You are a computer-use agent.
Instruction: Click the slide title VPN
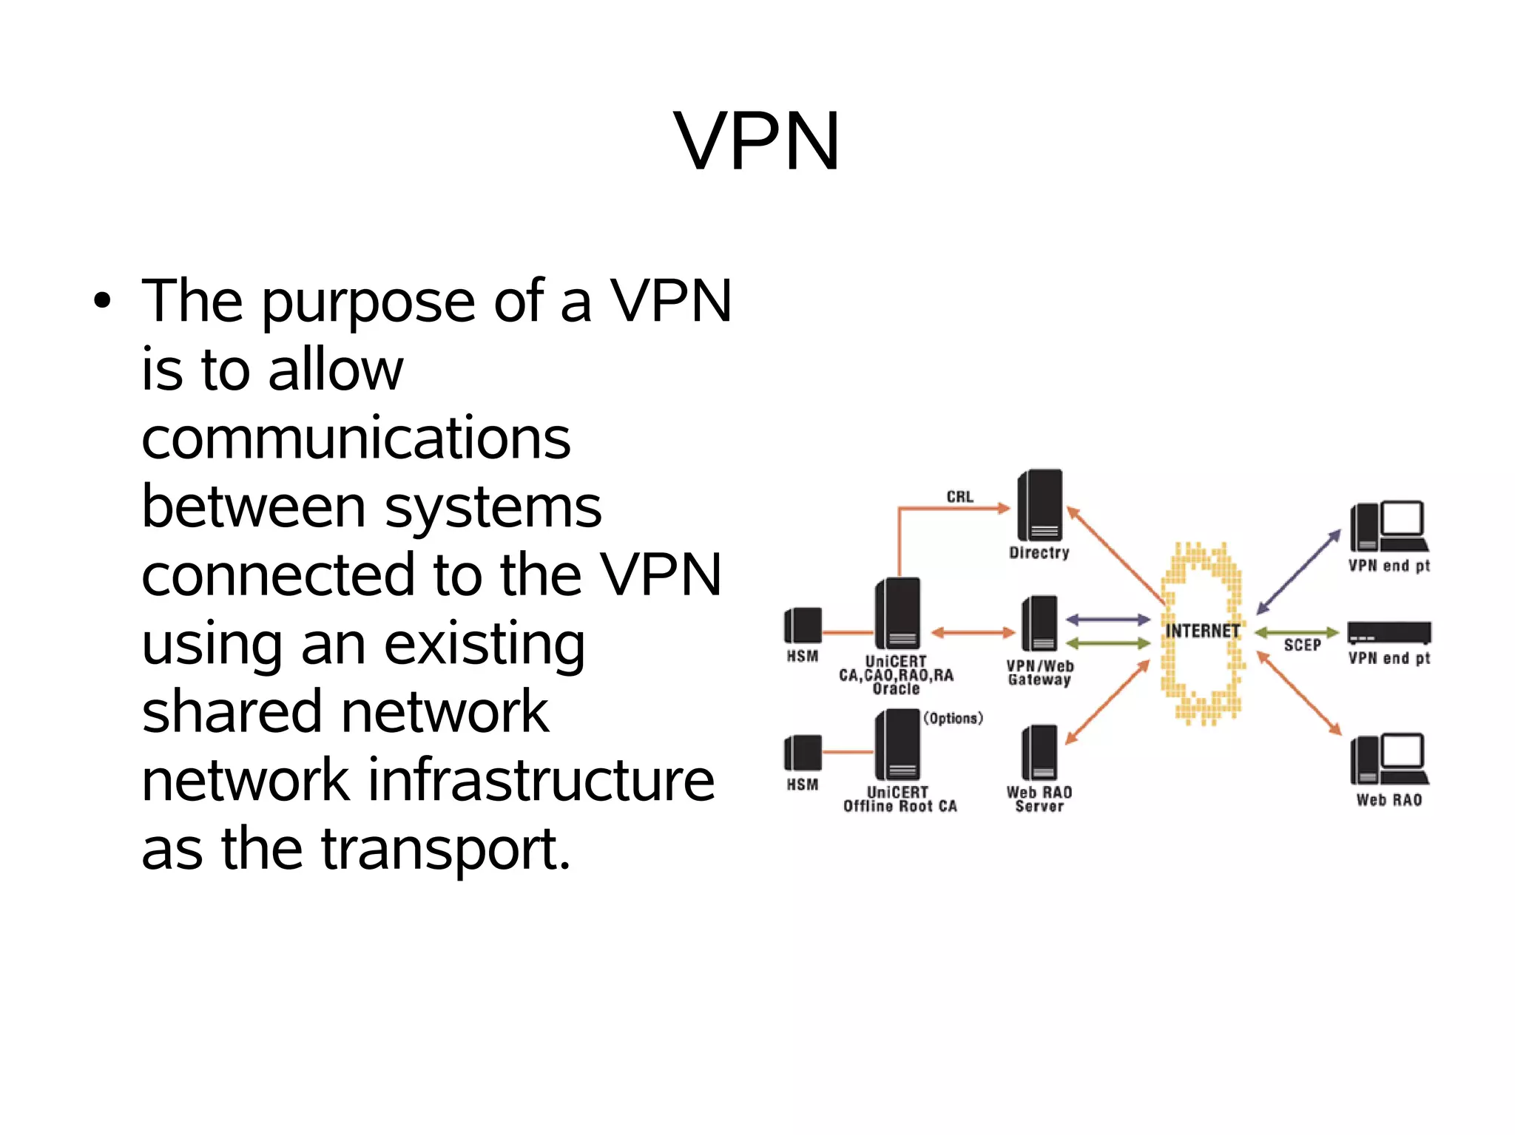click(757, 141)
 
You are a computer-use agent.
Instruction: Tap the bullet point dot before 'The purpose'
click(102, 301)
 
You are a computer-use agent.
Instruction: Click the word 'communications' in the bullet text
click(356, 438)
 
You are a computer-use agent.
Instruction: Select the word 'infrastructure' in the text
click(541, 780)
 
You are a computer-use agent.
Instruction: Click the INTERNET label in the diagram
click(1202, 631)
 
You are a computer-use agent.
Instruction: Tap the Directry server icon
click(1040, 506)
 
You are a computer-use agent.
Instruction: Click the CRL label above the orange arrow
click(959, 497)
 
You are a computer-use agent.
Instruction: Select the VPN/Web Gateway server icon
click(1039, 623)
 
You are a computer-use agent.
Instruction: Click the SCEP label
click(1302, 645)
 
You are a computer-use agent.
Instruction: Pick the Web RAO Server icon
click(1039, 752)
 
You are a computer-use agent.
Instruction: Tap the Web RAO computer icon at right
click(1389, 759)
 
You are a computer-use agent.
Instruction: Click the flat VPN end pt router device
click(1389, 633)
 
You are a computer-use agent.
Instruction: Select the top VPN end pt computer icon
click(1389, 526)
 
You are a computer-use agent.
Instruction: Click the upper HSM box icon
click(803, 626)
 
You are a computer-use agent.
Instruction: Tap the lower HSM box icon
click(803, 753)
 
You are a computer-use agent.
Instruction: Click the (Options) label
click(953, 718)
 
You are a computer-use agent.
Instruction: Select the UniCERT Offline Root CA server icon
click(897, 745)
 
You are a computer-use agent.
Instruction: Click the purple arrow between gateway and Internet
click(1107, 620)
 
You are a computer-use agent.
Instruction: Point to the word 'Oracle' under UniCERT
click(896, 689)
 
